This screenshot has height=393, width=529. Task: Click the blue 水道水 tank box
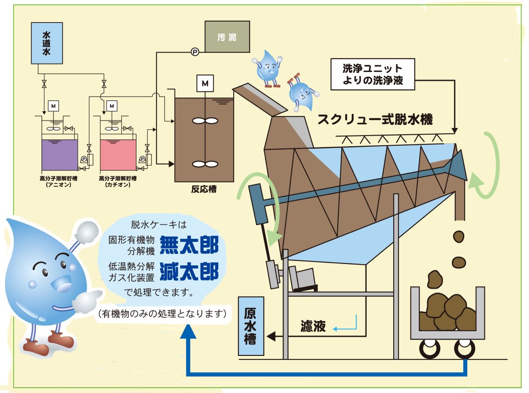47,43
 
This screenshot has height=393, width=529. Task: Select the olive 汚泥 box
227,37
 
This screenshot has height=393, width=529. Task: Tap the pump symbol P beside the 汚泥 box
195,52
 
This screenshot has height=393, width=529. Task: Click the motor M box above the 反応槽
205,83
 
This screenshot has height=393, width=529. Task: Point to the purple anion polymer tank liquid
60,155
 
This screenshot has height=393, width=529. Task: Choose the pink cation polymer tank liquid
118,155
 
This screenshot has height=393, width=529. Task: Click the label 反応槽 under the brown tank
204,189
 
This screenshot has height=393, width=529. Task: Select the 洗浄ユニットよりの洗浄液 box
373,74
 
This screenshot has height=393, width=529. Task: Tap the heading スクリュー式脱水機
375,119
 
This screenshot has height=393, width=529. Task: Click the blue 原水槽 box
251,326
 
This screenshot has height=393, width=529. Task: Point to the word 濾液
313,326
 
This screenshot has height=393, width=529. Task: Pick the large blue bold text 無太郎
189,245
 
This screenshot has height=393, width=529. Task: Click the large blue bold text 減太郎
189,272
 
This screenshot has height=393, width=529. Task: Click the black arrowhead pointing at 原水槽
271,336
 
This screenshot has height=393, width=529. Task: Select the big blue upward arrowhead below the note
188,332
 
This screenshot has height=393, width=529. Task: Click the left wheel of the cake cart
429,349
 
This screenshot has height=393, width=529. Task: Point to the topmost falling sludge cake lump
458,237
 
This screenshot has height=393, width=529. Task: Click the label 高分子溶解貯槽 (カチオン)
118,181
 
